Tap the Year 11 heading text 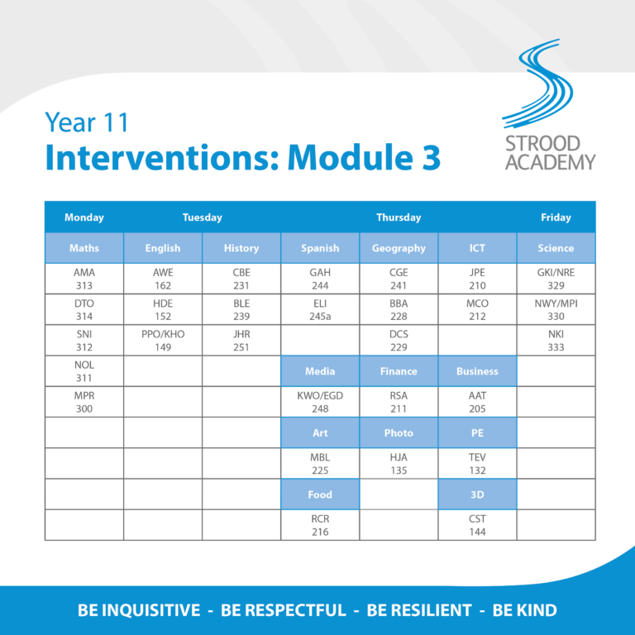[88, 122]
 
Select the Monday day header [84, 217]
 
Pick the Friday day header [556, 217]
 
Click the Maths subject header [84, 248]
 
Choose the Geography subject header [399, 248]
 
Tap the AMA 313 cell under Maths [84, 279]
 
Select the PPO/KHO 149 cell [163, 341]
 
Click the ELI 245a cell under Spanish [320, 310]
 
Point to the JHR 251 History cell [241, 341]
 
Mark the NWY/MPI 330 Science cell [556, 310]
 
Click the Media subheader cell [320, 371]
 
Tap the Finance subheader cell [399, 371]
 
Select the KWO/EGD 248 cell [320, 402]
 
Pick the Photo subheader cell [399, 432]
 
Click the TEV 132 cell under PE [477, 464]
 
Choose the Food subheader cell [320, 494]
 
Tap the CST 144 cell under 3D [477, 525]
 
